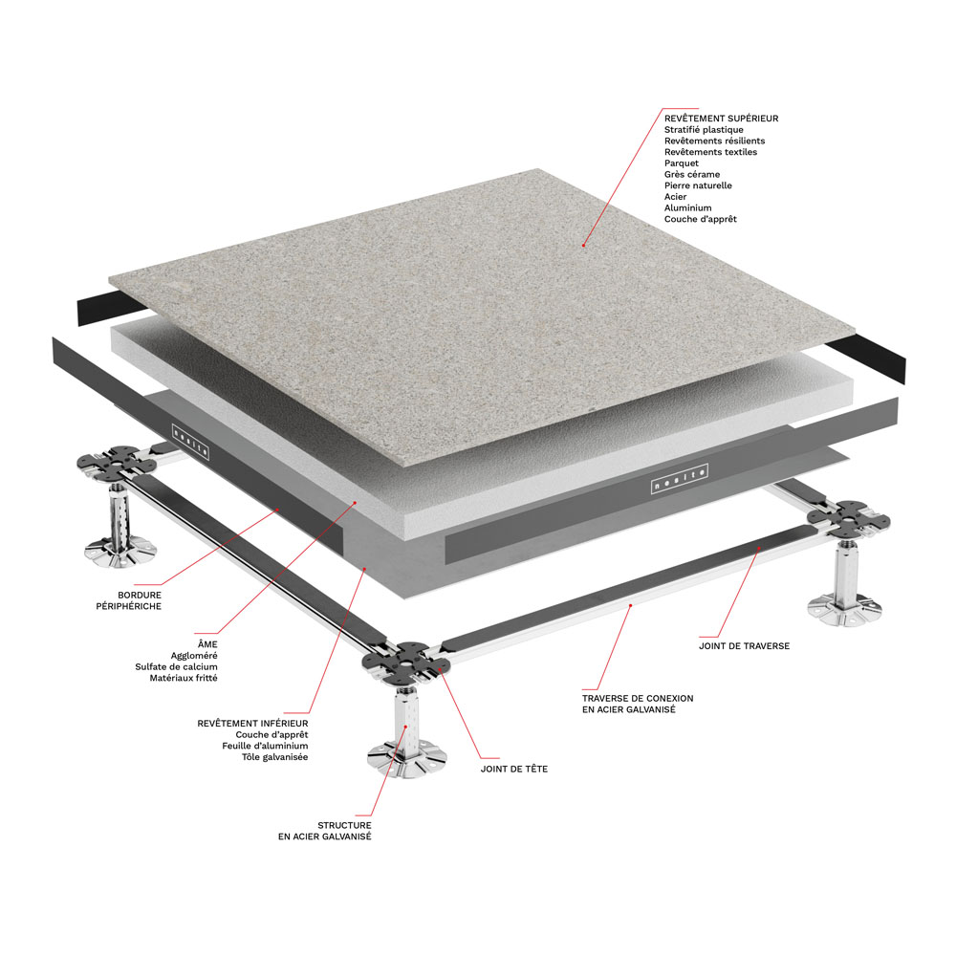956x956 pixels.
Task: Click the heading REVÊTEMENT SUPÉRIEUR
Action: [721, 119]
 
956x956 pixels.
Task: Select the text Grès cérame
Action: [692, 174]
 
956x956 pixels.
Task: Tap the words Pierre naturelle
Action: [698, 185]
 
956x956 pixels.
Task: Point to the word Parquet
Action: [682, 163]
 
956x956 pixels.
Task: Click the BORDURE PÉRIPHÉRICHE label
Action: [129, 600]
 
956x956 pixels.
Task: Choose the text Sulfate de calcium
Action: [176, 667]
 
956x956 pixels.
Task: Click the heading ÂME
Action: [207, 643]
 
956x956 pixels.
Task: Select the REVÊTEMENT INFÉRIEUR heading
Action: [252, 723]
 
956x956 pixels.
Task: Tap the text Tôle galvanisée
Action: [275, 757]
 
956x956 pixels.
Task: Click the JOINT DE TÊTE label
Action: [514, 769]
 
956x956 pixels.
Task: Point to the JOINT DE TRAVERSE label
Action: [744, 645]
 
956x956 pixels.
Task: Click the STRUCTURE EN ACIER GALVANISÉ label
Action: [324, 831]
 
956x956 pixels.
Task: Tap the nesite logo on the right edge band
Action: [679, 479]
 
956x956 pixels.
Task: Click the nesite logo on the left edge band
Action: [191, 442]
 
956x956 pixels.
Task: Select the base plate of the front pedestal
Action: [406, 758]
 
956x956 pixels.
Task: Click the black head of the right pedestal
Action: [848, 518]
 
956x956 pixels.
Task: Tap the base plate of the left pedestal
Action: [120, 552]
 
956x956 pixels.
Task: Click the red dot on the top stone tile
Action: [583, 245]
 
